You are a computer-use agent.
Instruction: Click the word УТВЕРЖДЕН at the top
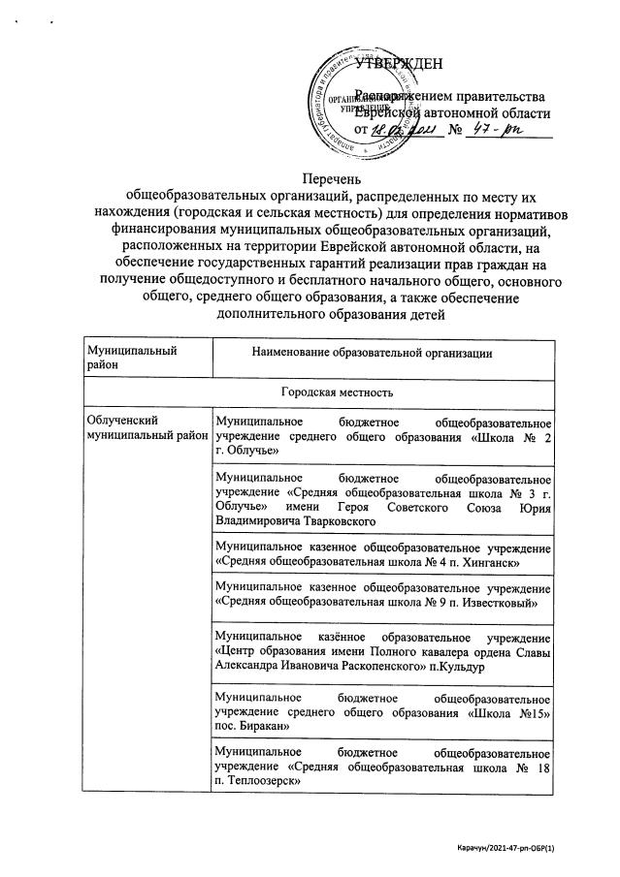click(x=399, y=65)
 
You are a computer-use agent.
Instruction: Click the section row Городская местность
click(x=319, y=393)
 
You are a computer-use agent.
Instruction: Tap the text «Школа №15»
click(x=519, y=711)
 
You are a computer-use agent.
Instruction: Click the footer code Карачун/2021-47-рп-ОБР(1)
click(x=523, y=847)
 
